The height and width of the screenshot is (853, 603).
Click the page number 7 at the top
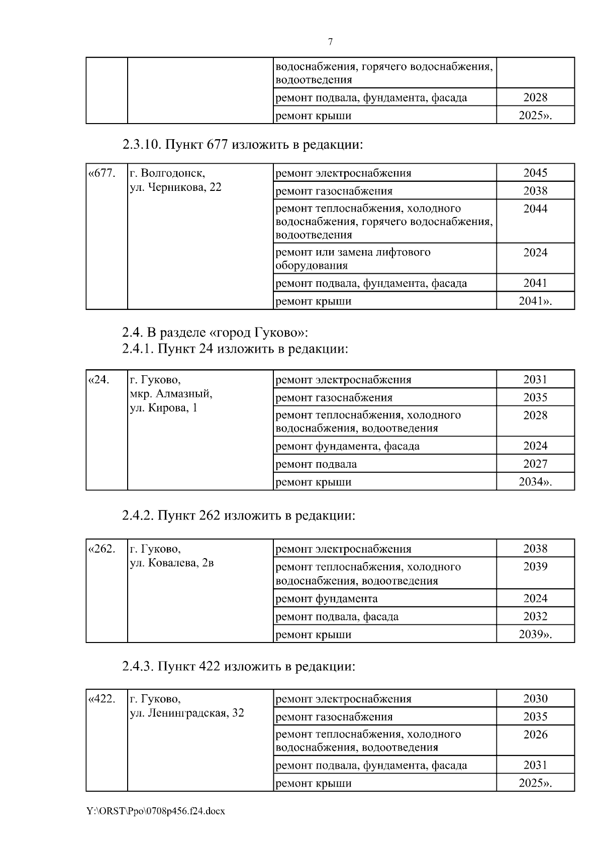point(330,42)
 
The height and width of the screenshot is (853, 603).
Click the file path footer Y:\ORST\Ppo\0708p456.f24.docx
point(155,811)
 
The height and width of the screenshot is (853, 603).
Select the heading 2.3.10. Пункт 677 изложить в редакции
point(242,145)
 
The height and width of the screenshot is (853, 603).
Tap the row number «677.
point(102,173)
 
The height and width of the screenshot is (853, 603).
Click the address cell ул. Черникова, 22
point(175,187)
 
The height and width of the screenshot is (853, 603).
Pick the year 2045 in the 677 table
point(535,173)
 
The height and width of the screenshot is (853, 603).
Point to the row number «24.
point(99,379)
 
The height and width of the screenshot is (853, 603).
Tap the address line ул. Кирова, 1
point(163,407)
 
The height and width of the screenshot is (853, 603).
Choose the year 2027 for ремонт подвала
point(535,464)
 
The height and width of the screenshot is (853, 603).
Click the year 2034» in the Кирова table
point(535,482)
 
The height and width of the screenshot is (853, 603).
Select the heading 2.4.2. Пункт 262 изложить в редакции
point(239,515)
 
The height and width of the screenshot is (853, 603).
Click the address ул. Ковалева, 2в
point(172,563)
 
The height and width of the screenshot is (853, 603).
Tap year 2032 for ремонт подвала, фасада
point(535,616)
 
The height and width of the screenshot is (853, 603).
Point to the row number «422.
point(102,699)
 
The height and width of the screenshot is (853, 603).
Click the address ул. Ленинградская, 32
point(187,712)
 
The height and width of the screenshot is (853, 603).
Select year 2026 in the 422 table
point(535,734)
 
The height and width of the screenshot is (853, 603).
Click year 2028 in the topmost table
point(535,97)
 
